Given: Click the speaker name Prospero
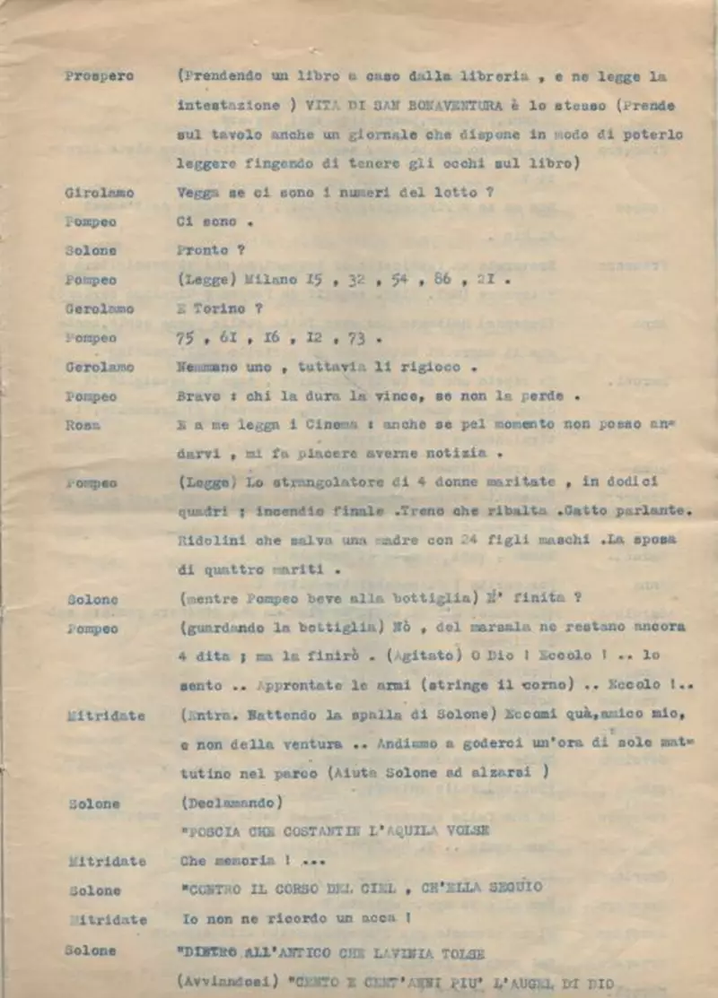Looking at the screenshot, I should (x=99, y=76).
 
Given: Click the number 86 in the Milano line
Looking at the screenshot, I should (x=442, y=280).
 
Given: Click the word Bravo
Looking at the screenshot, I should (x=197, y=396).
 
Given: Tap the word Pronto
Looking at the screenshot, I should (x=203, y=250).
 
